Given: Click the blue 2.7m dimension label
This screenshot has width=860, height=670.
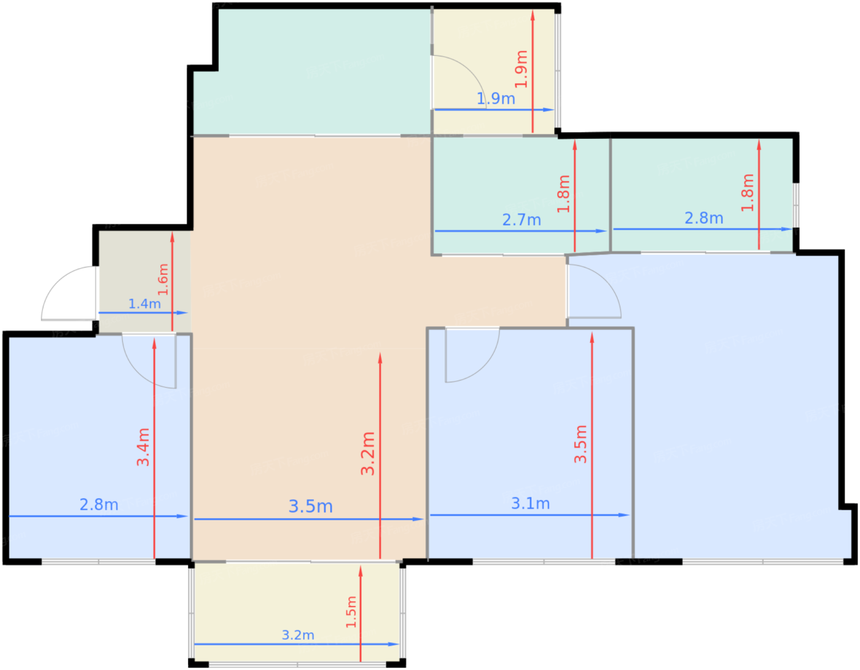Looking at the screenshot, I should (522, 220).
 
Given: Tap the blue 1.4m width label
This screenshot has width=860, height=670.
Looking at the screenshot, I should (144, 304).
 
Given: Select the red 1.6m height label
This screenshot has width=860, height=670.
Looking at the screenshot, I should (163, 279).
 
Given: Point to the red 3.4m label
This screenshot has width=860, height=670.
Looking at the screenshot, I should (143, 447).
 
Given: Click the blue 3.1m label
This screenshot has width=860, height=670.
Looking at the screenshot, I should (530, 503).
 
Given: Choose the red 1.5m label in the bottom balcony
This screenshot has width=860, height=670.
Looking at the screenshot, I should (351, 612).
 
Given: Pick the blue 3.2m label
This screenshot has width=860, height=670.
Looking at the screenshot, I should (298, 635).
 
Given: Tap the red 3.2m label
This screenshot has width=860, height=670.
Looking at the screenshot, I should (367, 454).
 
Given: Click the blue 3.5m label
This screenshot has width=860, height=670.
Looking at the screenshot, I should (310, 506).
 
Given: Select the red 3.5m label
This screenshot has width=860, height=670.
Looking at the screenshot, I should (580, 444).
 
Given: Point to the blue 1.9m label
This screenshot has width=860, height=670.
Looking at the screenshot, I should (496, 98).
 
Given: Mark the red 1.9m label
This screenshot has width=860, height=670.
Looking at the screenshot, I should (521, 69).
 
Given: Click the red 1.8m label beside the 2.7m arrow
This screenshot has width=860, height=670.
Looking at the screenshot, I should (563, 194).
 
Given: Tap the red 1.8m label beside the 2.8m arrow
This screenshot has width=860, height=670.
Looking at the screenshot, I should (747, 192).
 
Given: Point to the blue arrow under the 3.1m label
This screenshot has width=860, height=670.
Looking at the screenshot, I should (530, 515).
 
